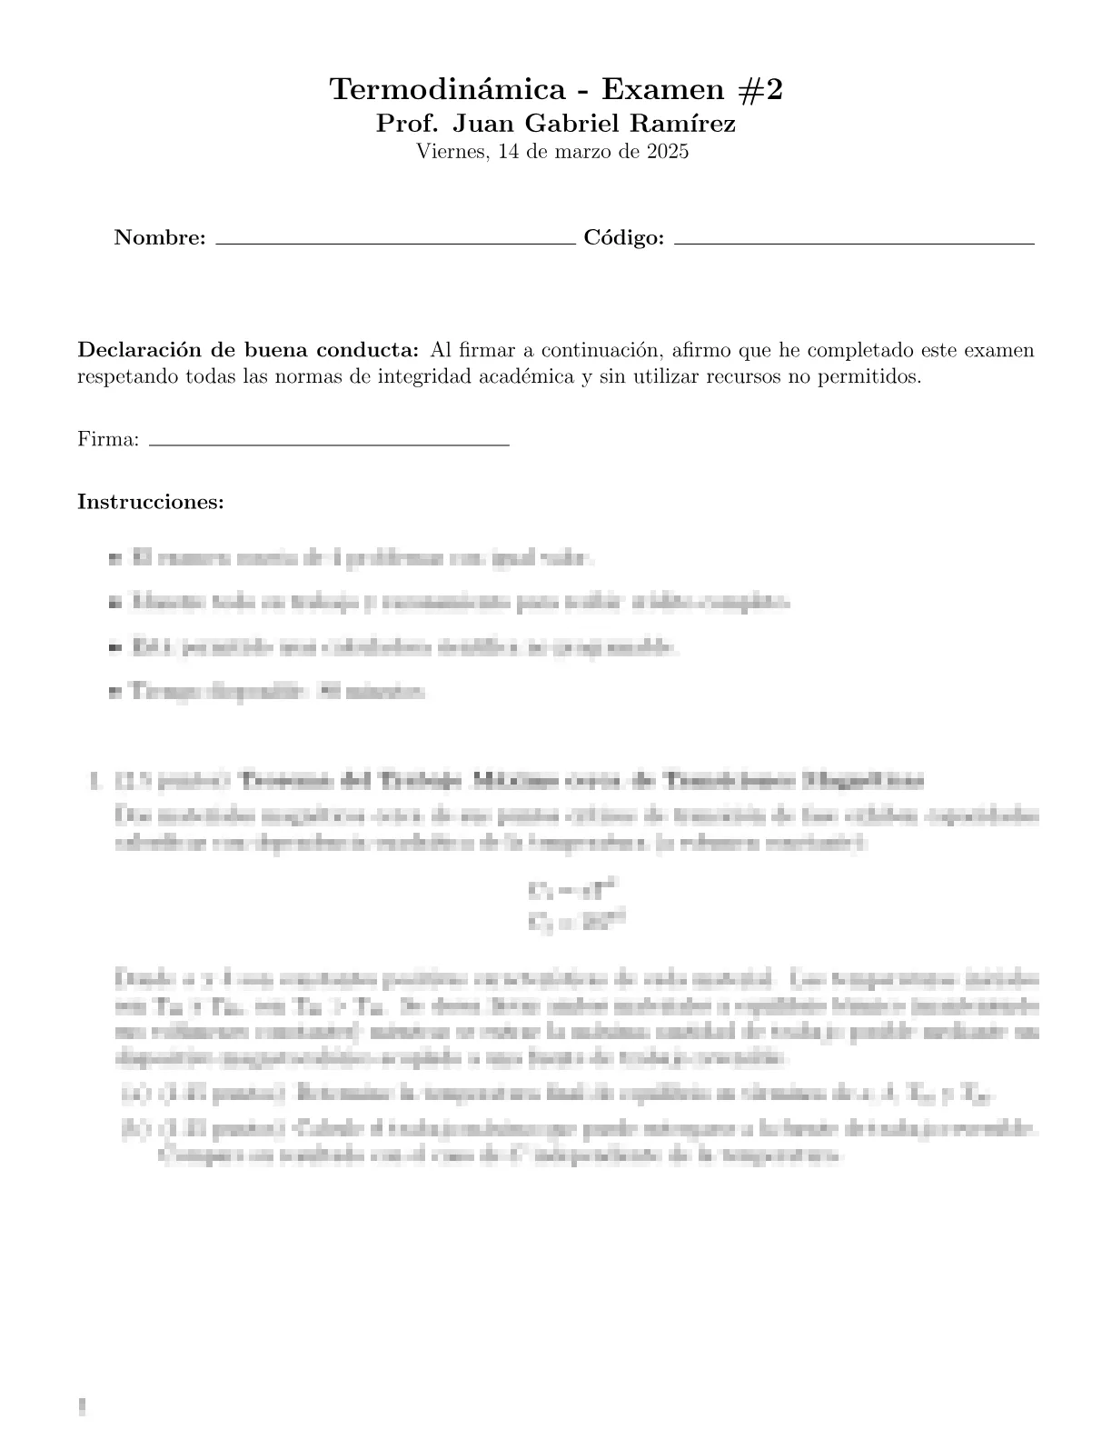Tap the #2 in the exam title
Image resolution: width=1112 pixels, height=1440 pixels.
[758, 90]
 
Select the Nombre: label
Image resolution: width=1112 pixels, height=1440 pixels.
[160, 238]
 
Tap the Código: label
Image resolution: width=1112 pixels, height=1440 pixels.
[624, 238]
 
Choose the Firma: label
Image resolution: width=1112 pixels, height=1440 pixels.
[108, 440]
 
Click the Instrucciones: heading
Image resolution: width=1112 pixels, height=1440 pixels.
[151, 502]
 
